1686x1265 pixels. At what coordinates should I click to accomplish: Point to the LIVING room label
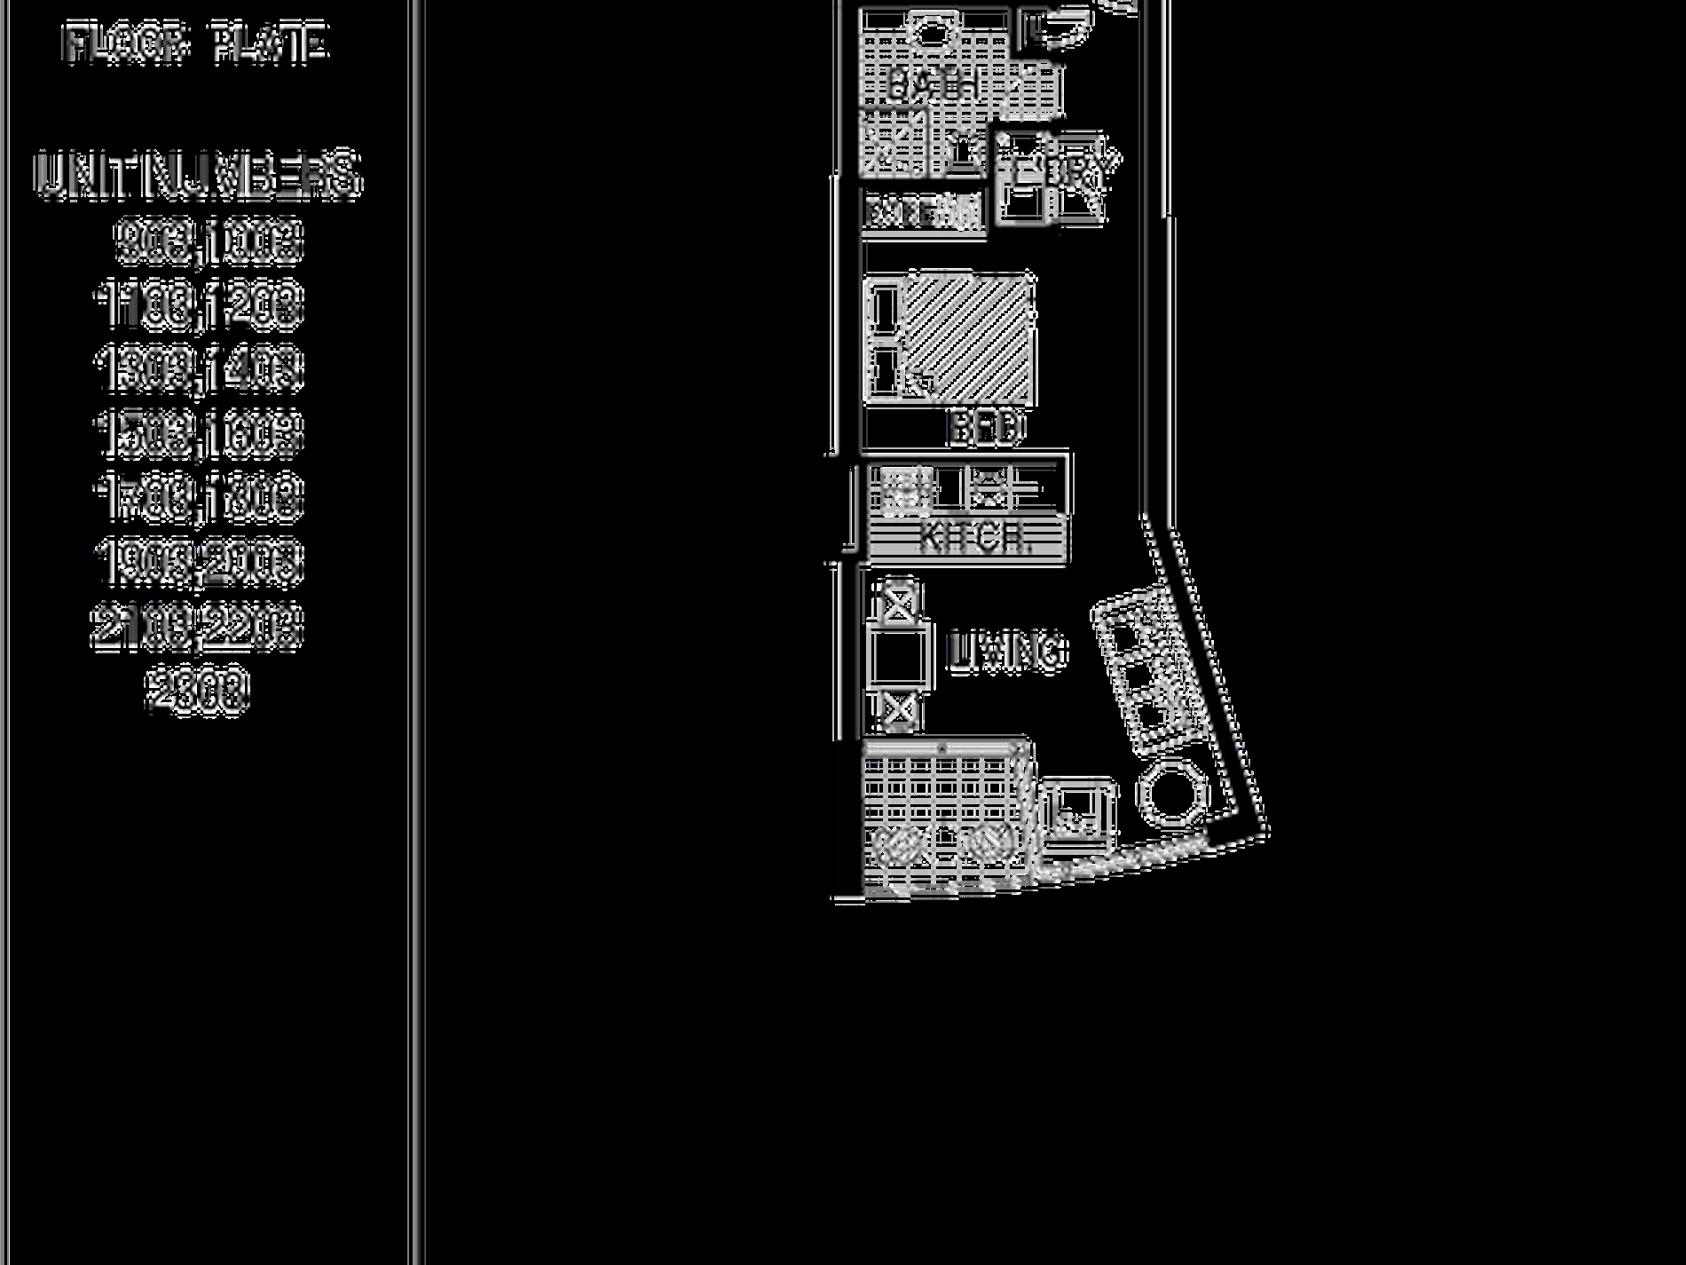click(x=1007, y=652)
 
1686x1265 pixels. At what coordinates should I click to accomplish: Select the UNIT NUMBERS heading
click(x=197, y=175)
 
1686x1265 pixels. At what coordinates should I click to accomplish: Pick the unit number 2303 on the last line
click(x=197, y=691)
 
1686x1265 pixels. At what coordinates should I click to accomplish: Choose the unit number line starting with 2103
click(x=197, y=627)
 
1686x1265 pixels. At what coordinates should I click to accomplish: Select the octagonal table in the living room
click(x=1173, y=793)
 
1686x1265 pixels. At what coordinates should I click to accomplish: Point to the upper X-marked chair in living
click(x=898, y=604)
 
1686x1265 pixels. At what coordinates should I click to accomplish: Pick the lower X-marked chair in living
click(x=898, y=710)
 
